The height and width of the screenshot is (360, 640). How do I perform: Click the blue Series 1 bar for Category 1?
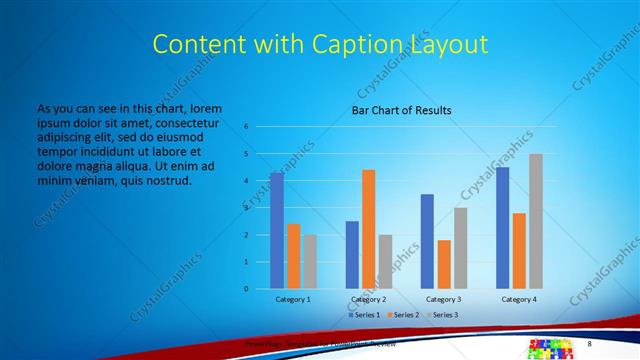[277, 231]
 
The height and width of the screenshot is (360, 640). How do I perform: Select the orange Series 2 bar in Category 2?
[368, 229]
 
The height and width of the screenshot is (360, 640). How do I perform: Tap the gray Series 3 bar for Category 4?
[536, 221]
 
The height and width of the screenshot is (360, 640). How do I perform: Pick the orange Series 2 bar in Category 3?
[444, 264]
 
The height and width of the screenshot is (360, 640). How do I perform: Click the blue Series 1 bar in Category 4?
[502, 228]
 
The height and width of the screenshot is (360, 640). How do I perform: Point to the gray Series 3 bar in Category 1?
[310, 262]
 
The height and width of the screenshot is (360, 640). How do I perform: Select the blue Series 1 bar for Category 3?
[427, 241]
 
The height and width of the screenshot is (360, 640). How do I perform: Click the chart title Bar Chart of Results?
[401, 110]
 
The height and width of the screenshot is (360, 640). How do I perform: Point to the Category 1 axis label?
[293, 299]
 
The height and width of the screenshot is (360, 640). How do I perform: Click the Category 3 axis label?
[443, 299]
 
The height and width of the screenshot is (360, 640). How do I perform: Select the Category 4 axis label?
[518, 299]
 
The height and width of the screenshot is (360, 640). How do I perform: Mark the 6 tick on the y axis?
[245, 127]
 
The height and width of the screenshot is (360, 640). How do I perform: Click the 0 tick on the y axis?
[245, 289]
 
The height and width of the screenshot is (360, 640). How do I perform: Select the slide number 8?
[588, 343]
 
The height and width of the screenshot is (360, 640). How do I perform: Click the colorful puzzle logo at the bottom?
[549, 348]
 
